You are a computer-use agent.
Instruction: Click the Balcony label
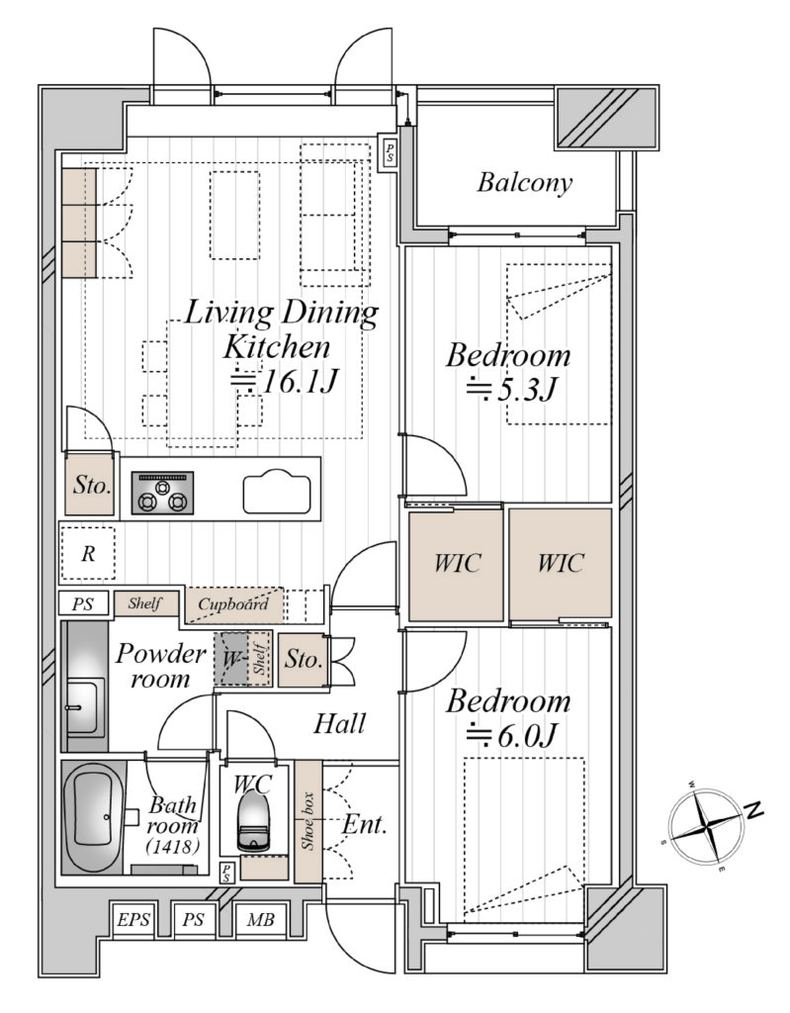click(x=524, y=183)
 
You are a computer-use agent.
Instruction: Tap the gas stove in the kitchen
click(x=162, y=493)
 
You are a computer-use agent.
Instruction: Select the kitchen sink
click(x=277, y=493)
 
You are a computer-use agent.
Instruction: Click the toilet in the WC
click(x=252, y=820)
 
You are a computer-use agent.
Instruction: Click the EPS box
click(x=133, y=919)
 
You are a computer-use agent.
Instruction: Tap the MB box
click(x=260, y=919)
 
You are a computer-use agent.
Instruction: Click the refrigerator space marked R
click(x=88, y=554)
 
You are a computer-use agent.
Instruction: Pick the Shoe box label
click(x=308, y=821)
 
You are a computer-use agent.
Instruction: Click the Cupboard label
click(x=233, y=604)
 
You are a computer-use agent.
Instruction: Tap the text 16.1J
click(x=300, y=382)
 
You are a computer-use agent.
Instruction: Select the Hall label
click(x=340, y=723)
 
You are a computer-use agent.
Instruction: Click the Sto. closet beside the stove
click(x=90, y=485)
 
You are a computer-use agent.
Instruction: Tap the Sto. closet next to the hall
click(x=303, y=660)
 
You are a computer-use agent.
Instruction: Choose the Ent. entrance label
click(x=364, y=824)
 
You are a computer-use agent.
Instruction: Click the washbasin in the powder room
click(x=84, y=706)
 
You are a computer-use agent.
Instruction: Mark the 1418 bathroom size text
click(x=172, y=845)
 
